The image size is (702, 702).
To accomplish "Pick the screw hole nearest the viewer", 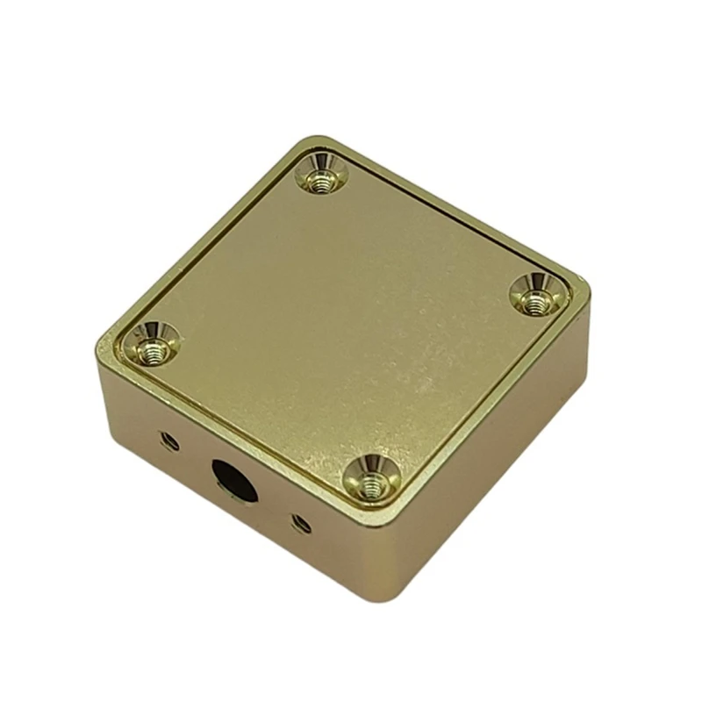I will [371, 480].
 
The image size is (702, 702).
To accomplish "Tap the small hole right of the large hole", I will [301, 523].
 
